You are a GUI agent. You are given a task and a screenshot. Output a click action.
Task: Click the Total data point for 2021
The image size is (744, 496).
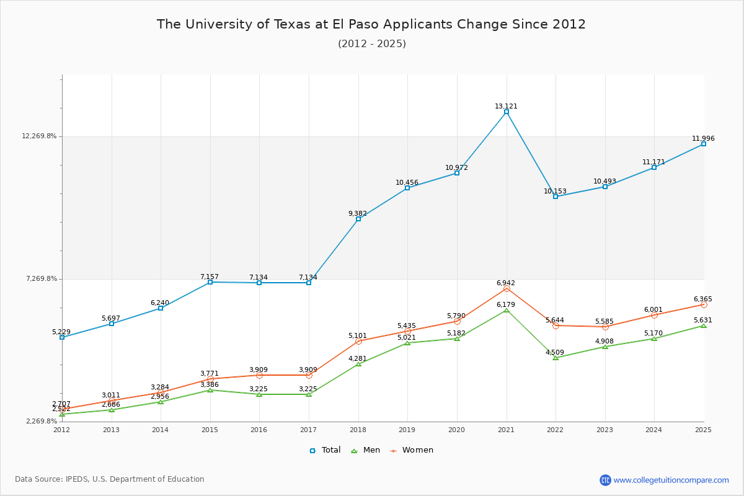(507, 112)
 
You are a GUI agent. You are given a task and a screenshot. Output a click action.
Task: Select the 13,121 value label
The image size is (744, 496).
(506, 106)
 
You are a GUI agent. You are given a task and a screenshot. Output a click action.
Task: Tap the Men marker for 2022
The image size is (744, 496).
(556, 358)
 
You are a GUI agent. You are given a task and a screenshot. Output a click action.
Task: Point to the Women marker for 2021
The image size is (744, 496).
(507, 288)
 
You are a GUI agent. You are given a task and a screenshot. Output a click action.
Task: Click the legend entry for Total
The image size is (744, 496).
(325, 450)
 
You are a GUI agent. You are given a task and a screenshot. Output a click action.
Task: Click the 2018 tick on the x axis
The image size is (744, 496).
(358, 429)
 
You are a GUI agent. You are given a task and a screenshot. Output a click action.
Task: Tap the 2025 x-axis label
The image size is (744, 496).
(703, 429)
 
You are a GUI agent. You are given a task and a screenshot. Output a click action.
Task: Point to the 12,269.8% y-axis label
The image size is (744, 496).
(39, 136)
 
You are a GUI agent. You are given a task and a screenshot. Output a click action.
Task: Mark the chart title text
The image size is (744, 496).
(371, 24)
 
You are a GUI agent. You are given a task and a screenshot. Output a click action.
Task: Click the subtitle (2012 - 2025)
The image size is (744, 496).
(371, 43)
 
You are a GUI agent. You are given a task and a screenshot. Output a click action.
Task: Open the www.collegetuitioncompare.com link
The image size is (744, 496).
(671, 480)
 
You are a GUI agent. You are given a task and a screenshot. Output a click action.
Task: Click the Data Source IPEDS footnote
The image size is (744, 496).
(110, 479)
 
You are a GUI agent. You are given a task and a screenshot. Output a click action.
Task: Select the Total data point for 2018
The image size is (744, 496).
(358, 219)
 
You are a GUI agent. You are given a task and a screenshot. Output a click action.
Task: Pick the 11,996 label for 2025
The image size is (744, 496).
(703, 138)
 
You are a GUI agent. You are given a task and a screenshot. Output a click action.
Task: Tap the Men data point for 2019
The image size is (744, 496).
(407, 343)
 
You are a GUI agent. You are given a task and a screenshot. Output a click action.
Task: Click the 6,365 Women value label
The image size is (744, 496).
(702, 299)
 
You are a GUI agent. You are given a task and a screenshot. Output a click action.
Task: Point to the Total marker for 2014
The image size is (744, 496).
(161, 308)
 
